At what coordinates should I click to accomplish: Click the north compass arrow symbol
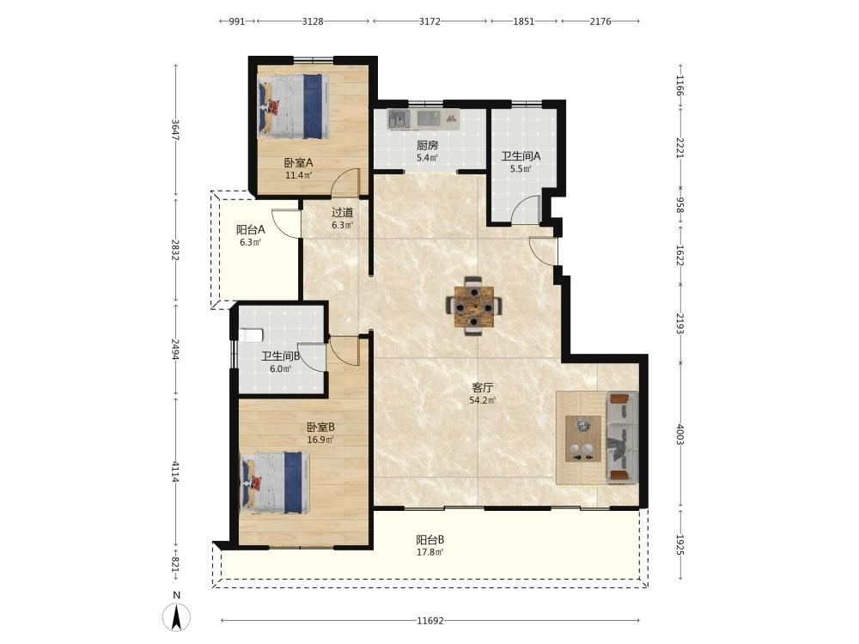[x=176, y=618]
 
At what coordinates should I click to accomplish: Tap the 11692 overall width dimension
[x=430, y=621]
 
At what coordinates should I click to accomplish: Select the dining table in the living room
[x=474, y=307]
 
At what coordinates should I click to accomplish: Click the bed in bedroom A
[x=294, y=106]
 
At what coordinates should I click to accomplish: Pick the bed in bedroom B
[x=275, y=483]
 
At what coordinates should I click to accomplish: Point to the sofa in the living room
[x=622, y=438]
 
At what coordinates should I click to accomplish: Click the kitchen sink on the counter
[x=399, y=118]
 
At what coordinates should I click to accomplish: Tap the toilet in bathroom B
[x=252, y=335]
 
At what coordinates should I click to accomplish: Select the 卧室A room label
[x=298, y=162]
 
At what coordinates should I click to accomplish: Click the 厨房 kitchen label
[x=427, y=145]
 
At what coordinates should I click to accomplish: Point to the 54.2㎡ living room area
[x=482, y=400]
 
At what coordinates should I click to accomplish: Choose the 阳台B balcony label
[x=430, y=540]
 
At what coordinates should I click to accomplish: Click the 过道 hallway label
[x=343, y=212]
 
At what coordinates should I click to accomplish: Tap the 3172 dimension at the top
[x=429, y=21]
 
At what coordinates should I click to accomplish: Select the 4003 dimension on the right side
[x=679, y=434]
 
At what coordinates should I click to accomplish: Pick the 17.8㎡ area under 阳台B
[x=430, y=552]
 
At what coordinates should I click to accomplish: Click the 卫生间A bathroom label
[x=521, y=156]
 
